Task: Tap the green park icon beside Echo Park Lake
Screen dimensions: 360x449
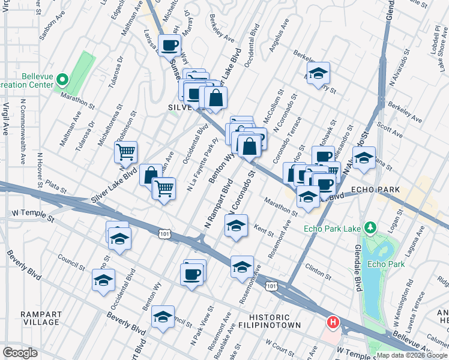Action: tap(371, 227)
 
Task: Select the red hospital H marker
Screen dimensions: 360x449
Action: tap(332, 323)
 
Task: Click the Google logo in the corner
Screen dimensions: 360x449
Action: tap(20, 353)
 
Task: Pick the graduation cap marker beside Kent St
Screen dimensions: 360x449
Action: tap(236, 226)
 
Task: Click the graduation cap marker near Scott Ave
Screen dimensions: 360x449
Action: tap(363, 158)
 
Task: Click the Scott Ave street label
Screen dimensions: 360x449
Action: tap(390, 131)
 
